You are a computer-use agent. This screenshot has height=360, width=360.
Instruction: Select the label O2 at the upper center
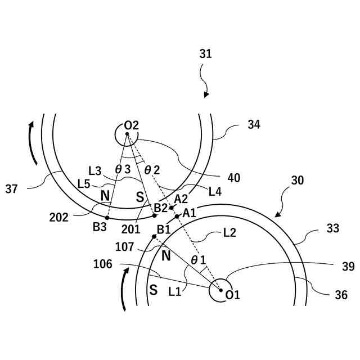[132, 125]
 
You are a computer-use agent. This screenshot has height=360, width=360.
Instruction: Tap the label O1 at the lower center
[232, 295]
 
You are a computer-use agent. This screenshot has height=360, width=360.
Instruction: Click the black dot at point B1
[154, 236]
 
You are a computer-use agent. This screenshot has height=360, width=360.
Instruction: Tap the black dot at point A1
[177, 216]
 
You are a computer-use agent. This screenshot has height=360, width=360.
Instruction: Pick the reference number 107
[125, 246]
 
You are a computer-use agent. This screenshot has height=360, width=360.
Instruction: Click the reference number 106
[103, 264]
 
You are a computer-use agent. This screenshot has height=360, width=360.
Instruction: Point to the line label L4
[215, 192]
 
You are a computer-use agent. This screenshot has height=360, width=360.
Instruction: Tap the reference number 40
[234, 178]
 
